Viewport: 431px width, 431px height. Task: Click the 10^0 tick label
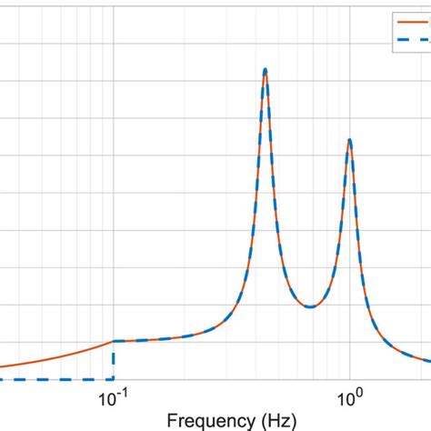[x=349, y=399]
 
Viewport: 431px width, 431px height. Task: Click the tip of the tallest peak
[x=265, y=69]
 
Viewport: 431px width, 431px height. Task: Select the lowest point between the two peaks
[x=309, y=306]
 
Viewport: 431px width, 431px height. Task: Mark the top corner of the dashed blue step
[x=113, y=342]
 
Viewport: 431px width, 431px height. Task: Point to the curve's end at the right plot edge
[x=429, y=363]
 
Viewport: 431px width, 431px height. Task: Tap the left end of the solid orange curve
[x=2, y=367]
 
